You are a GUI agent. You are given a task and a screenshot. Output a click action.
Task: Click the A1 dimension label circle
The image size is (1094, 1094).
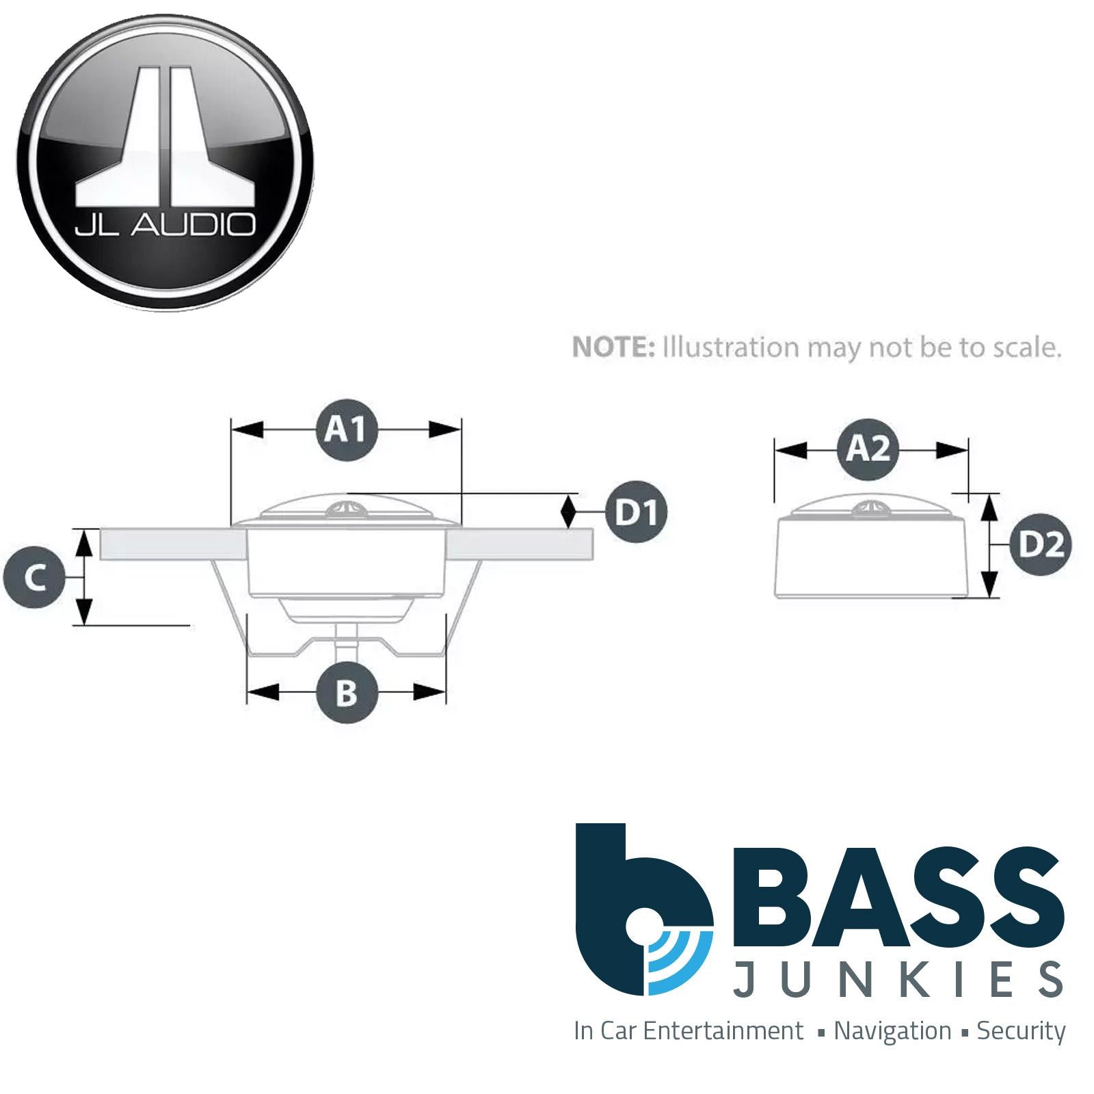tap(347, 429)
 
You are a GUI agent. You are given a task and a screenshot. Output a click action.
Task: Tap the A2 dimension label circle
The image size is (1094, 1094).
tap(868, 450)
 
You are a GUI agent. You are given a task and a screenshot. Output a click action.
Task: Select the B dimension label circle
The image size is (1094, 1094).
tap(347, 693)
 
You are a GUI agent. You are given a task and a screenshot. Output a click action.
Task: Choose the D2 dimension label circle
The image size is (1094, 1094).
tap(1041, 545)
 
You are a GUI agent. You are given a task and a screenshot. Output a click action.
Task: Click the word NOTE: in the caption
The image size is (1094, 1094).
tap(613, 348)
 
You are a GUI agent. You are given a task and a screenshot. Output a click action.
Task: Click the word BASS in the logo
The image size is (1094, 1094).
tap(898, 893)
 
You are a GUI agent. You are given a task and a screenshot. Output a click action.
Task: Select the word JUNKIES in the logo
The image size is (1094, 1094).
tap(898, 979)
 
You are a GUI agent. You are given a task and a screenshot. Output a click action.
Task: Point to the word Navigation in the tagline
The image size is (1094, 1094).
tap(892, 1030)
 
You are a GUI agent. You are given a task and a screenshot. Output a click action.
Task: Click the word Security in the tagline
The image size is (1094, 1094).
tap(1021, 1032)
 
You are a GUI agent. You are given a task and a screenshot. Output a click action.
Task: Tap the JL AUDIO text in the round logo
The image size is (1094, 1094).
tap(165, 225)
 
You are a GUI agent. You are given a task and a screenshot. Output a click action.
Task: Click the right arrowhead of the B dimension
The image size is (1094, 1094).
tap(430, 693)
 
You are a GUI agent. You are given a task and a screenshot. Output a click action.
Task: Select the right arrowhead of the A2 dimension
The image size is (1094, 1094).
tap(952, 451)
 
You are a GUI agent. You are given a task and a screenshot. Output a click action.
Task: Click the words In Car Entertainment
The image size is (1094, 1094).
tap(689, 1030)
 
